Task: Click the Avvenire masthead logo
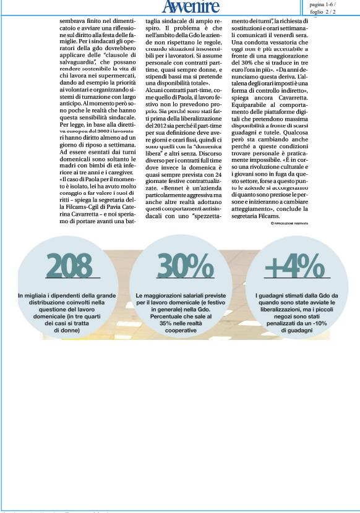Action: tap(191, 7)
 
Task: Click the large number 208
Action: tap(69, 266)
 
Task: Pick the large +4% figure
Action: tap(294, 267)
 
